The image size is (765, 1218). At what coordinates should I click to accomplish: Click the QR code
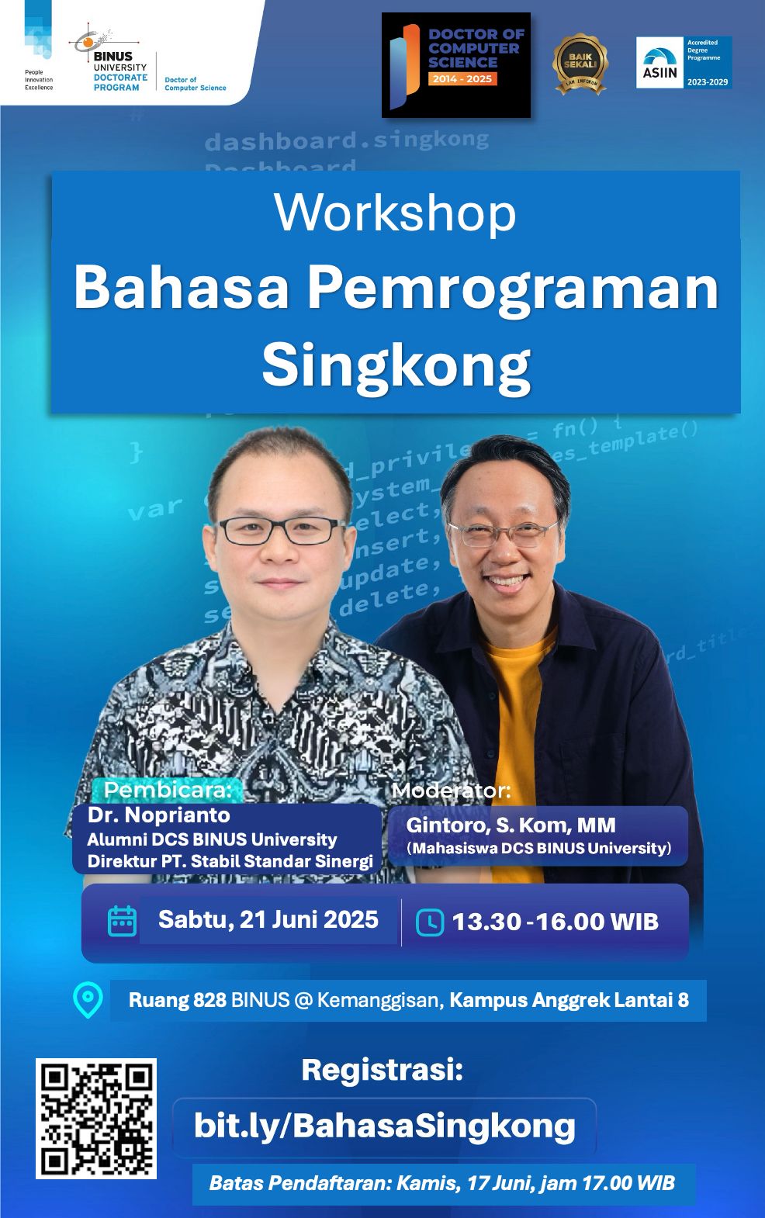point(96,1118)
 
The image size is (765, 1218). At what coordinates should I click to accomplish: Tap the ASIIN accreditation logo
point(684,62)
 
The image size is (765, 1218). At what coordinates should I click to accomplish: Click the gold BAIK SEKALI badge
point(580,64)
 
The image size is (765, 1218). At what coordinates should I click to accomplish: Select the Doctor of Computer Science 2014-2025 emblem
point(456,65)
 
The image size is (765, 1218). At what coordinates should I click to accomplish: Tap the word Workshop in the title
point(395,213)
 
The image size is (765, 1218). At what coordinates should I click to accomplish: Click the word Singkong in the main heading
point(396,364)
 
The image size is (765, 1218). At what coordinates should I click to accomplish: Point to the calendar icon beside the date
point(122,921)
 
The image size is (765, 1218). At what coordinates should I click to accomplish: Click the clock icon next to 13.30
point(430,922)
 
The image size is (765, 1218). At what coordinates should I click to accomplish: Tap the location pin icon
point(88,1000)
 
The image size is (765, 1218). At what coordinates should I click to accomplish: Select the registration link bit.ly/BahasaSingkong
point(384,1125)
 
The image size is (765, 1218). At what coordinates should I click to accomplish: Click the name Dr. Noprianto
point(159,815)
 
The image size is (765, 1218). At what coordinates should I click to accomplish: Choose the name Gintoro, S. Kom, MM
point(511,825)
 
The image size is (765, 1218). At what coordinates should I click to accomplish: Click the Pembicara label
point(168,790)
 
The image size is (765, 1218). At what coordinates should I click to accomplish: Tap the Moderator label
point(452,791)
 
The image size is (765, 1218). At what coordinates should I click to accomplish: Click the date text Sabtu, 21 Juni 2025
point(268,920)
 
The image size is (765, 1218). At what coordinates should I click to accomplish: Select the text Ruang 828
point(177,1000)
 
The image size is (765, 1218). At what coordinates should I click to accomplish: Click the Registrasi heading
point(382,1070)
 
